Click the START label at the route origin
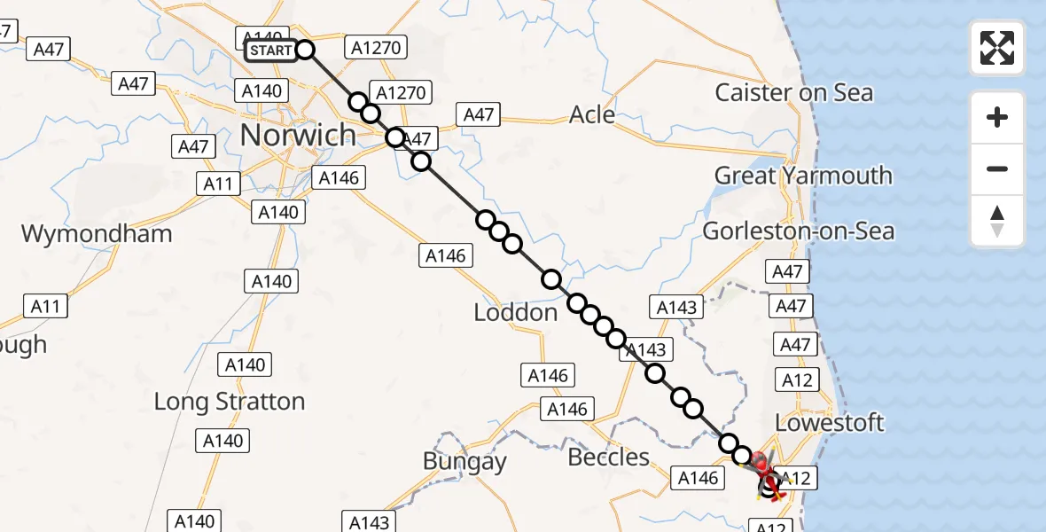coord(270,51)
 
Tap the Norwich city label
coord(298,136)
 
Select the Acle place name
coord(592,114)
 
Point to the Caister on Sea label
coord(793,93)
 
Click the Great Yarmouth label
coord(803,176)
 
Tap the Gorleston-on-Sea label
coord(798,232)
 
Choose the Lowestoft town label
coord(830,422)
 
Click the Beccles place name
coord(608,458)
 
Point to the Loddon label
coord(516,313)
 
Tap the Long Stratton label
coord(230,402)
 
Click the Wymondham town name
coord(97,235)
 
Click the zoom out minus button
coord(997,168)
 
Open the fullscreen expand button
coord(997,48)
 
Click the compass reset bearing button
coord(997,221)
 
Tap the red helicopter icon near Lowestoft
coord(762,465)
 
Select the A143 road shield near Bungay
coord(369,522)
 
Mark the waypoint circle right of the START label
coord(304,50)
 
